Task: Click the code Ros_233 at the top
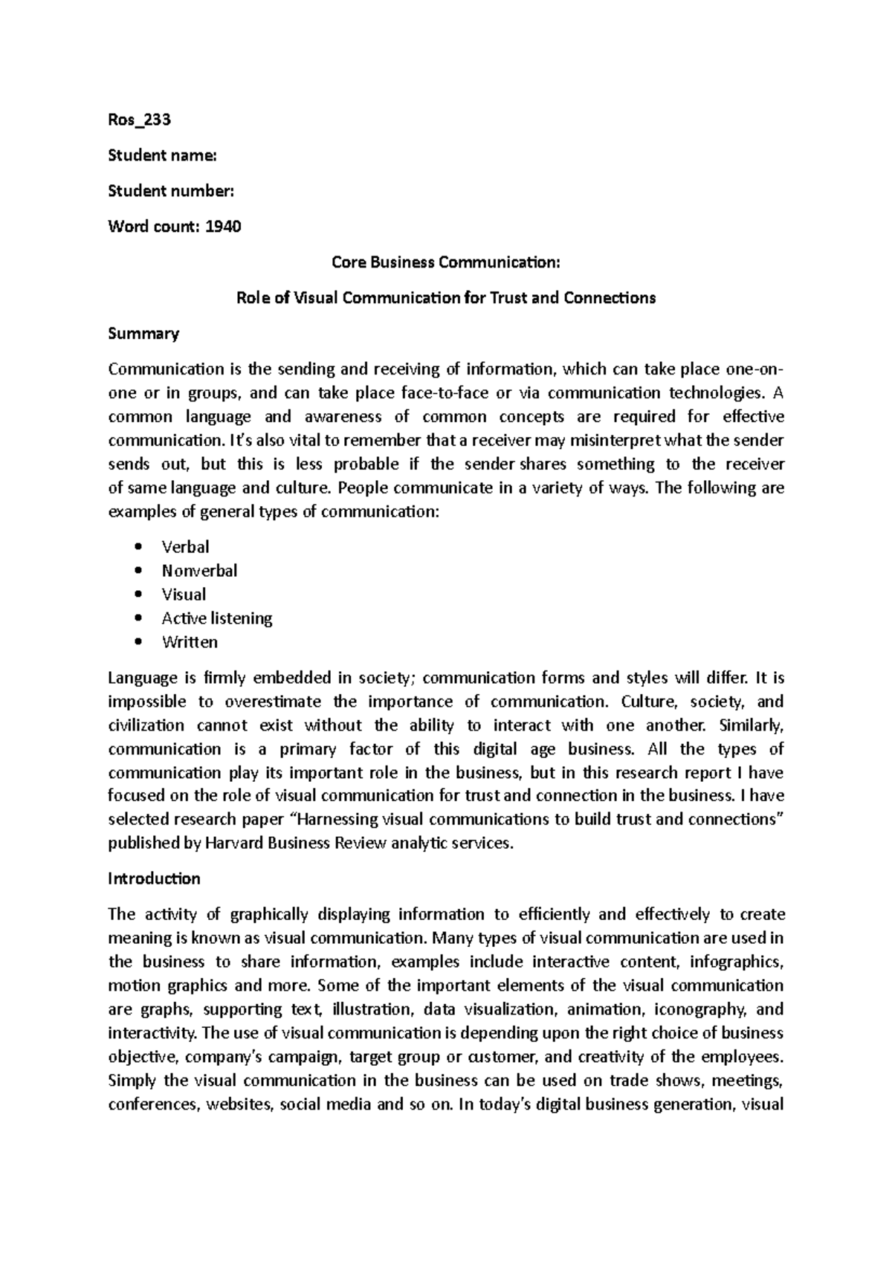tap(140, 120)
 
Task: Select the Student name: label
tap(163, 155)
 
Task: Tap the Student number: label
tap(171, 191)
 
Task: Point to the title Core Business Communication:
tap(445, 262)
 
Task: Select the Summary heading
tap(143, 334)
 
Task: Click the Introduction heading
tap(154, 878)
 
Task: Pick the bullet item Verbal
tap(185, 547)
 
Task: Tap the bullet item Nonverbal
tap(199, 571)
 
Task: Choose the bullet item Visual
tap(184, 595)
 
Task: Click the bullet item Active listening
tap(217, 618)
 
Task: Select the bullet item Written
tap(190, 642)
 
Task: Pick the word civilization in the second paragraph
tap(146, 725)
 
